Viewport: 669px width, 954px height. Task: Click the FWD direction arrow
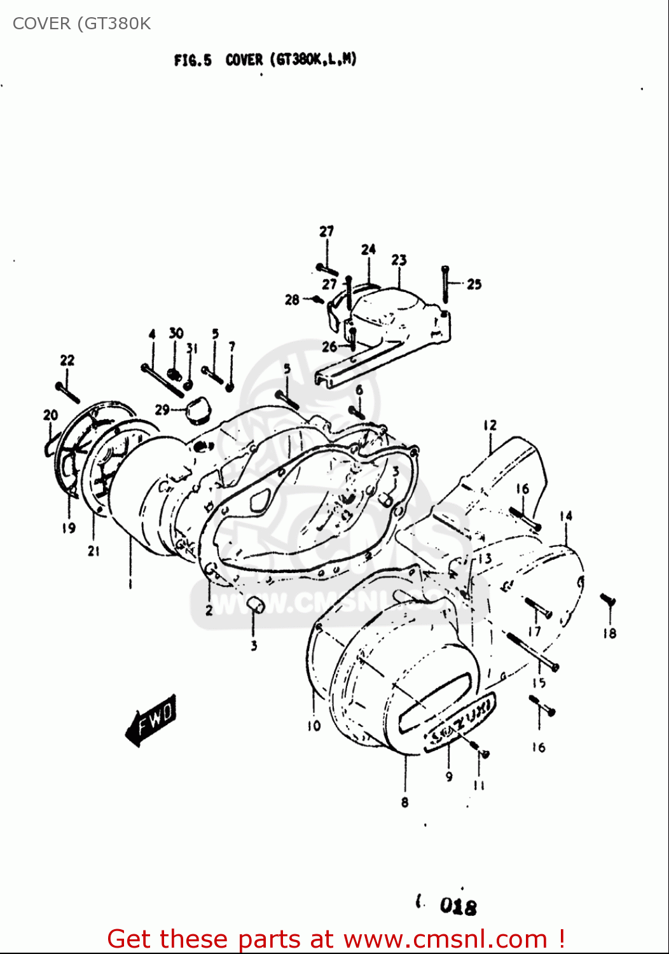pos(151,719)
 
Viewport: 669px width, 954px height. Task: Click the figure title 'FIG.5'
pos(192,60)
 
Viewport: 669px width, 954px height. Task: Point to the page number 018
pos(458,906)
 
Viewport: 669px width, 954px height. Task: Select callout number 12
pos(490,425)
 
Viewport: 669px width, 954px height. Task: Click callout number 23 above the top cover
pos(399,260)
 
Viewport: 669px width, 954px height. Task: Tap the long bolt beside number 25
pos(445,284)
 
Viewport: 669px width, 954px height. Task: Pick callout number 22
pos(67,361)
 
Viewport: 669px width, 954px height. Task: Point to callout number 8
pos(404,803)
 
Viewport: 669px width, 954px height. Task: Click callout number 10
pos(314,726)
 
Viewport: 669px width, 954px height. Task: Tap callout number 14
pos(565,516)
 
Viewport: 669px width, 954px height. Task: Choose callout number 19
pos(69,528)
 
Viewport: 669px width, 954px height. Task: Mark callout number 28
pos(292,300)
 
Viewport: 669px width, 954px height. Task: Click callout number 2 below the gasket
pos(209,611)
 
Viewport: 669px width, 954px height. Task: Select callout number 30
pos(176,333)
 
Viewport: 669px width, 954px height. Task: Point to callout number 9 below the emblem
pos(449,777)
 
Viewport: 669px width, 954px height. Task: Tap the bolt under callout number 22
pos(67,392)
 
